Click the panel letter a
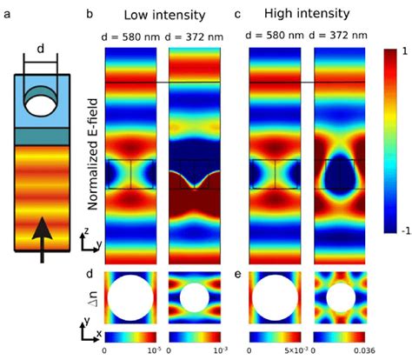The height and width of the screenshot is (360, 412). coord(8,13)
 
